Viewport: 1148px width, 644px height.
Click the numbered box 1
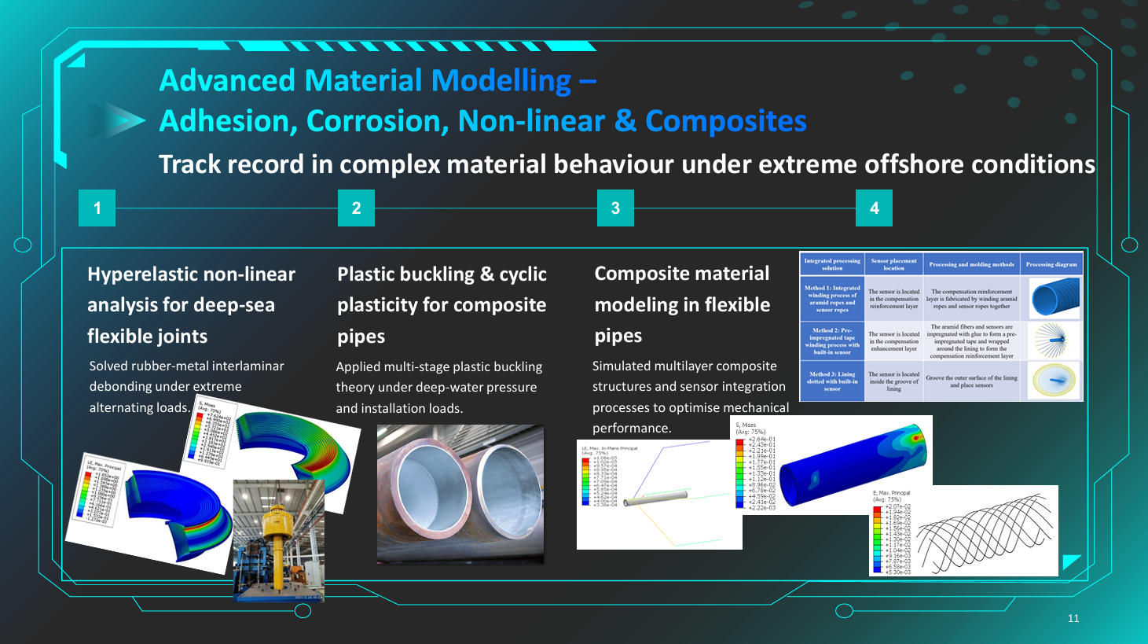(x=97, y=208)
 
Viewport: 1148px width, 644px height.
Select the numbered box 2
(x=356, y=208)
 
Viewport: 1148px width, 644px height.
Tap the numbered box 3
(x=615, y=208)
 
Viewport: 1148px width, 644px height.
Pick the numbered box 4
(x=874, y=208)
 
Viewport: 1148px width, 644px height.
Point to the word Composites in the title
(x=725, y=121)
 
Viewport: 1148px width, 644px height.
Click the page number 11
(x=1073, y=619)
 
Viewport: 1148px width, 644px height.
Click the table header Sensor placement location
(x=893, y=264)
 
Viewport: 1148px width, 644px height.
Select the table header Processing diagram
(x=1051, y=264)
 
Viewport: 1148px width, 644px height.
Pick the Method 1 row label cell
(x=831, y=299)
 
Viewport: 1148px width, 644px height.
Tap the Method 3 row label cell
(x=831, y=381)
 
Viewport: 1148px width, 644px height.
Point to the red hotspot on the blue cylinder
(x=913, y=435)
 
